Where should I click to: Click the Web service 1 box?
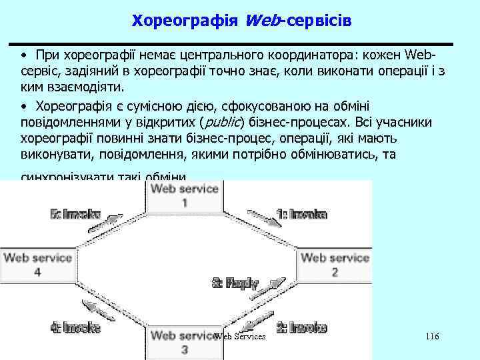(184, 195)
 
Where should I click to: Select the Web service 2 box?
(335, 265)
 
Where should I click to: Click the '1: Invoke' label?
(301, 215)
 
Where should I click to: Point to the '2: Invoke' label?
(301, 327)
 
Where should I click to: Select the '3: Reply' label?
(235, 283)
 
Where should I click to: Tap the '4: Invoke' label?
(75, 327)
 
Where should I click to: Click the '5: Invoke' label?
(75, 215)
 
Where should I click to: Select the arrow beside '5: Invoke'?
(113, 221)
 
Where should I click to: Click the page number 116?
(431, 337)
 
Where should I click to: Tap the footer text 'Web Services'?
(240, 337)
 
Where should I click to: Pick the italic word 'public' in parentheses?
(223, 123)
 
